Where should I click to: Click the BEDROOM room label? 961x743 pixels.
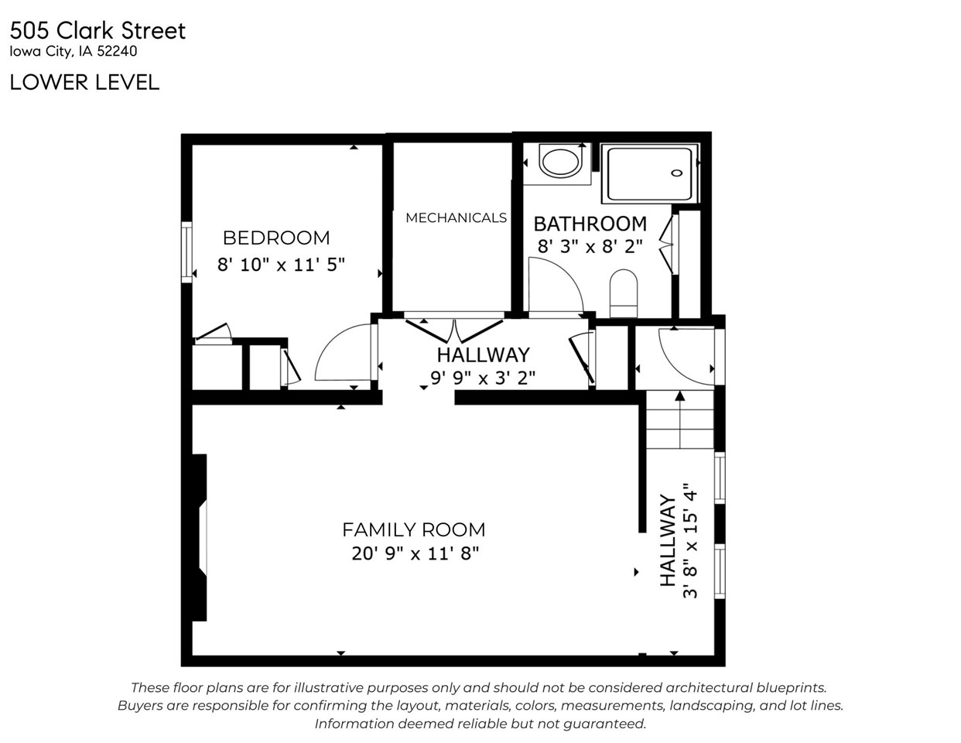coord(276,238)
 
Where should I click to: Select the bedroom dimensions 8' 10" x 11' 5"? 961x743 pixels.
coord(280,265)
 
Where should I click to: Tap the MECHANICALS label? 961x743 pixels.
coord(456,217)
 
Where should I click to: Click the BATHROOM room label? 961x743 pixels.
coord(590,224)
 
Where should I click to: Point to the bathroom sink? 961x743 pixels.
coord(560,163)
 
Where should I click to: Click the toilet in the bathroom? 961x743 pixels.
coord(623,293)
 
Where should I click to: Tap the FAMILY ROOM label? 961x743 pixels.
coord(413,529)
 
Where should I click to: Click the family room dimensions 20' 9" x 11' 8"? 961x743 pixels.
coord(416,553)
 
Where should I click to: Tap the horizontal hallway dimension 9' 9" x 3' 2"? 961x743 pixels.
coord(483,378)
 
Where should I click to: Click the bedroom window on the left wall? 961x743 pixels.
coord(186,252)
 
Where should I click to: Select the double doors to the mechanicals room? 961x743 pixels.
coord(454,328)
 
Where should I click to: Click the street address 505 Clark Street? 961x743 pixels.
coord(97,31)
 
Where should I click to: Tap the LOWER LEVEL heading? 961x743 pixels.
coord(84,82)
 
